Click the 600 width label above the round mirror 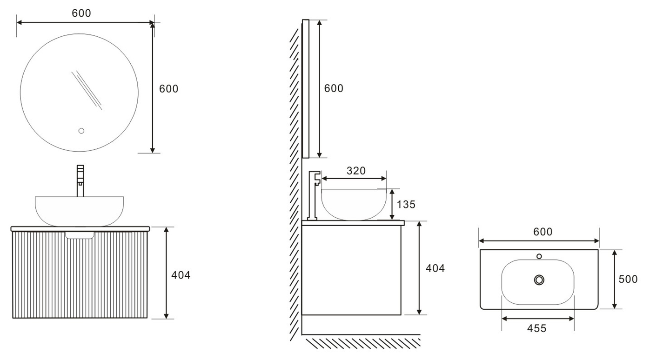pos(81,13)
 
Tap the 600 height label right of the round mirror pos(168,88)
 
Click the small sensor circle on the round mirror pos(81,131)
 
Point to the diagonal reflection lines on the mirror pos(87,90)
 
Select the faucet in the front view pos(80,180)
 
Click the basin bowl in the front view pos(80,210)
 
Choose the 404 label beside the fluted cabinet pos(181,275)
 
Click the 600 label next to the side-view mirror pos(334,88)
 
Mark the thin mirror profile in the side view pos(306,88)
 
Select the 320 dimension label pos(356,171)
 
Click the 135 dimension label pos(406,204)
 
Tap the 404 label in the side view pos(435,268)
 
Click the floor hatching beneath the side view pos(363,343)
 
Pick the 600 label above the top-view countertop pos(543,232)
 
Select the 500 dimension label pos(628,279)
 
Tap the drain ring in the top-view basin pos(539,280)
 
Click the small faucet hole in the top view pos(539,256)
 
